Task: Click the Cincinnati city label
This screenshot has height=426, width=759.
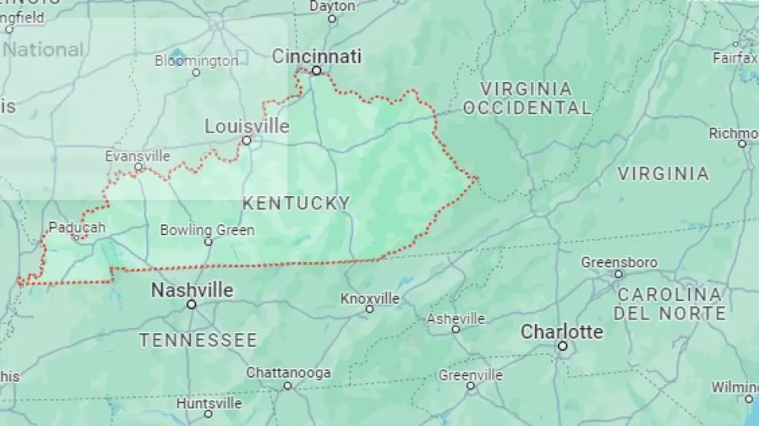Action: pyautogui.click(x=317, y=56)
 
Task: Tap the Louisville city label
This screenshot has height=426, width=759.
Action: pyautogui.click(x=247, y=126)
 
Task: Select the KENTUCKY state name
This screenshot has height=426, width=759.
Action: pyautogui.click(x=296, y=203)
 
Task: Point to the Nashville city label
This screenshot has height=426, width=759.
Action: pyautogui.click(x=192, y=290)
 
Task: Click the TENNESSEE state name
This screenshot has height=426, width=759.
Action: pyautogui.click(x=198, y=340)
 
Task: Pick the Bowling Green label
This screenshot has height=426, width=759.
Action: pyautogui.click(x=207, y=230)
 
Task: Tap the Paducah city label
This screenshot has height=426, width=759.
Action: pyautogui.click(x=76, y=227)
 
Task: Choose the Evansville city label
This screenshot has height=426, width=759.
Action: pyautogui.click(x=137, y=156)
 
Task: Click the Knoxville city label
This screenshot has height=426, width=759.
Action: pyautogui.click(x=370, y=298)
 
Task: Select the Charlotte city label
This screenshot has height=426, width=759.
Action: pyautogui.click(x=561, y=332)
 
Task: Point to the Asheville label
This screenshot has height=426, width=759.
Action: pyautogui.click(x=455, y=318)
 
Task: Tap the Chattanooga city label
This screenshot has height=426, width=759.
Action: pyautogui.click(x=288, y=373)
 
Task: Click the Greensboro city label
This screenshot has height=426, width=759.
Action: pyautogui.click(x=619, y=263)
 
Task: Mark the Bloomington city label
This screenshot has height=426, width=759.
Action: pyautogui.click(x=196, y=61)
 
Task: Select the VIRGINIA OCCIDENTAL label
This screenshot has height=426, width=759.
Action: pyautogui.click(x=527, y=98)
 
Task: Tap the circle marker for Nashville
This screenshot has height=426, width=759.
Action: pyautogui.click(x=192, y=304)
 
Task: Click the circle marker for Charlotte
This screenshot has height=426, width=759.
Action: pyautogui.click(x=562, y=346)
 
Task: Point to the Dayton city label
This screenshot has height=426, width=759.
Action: pyautogui.click(x=332, y=6)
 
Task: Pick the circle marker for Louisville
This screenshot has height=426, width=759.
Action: pyautogui.click(x=247, y=140)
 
